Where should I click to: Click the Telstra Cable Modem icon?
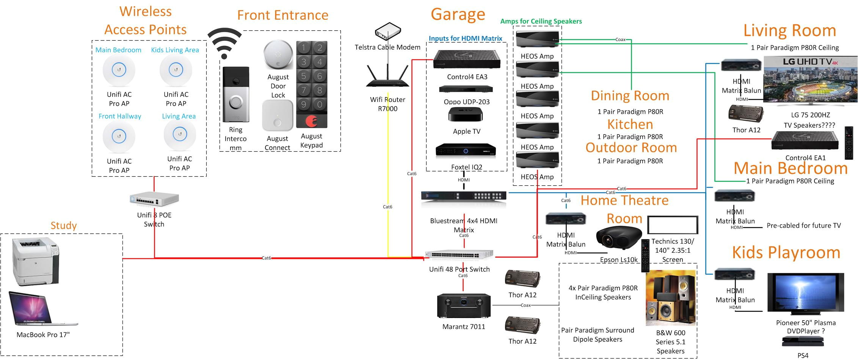pyautogui.click(x=388, y=31)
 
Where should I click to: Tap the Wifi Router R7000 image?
pyautogui.click(x=387, y=78)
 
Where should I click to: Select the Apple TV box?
pyautogui.click(x=466, y=114)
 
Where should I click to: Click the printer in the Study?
pyautogui.click(x=36, y=261)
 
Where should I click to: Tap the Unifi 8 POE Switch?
pyautogui.click(x=154, y=199)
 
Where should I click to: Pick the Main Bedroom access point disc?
pyautogui.click(x=119, y=70)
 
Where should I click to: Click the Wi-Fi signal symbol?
pyautogui.click(x=224, y=43)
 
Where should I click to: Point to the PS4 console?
pyautogui.click(x=803, y=342)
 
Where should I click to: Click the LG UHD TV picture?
pyautogui.click(x=810, y=80)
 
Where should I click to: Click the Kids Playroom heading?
pyautogui.click(x=786, y=253)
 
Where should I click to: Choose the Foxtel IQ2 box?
pyautogui.click(x=466, y=150)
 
